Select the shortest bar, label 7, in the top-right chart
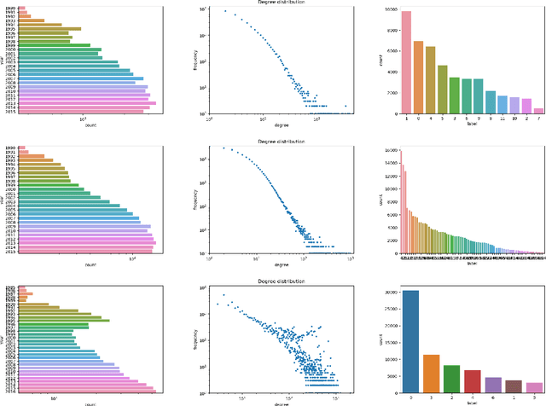click(538, 110)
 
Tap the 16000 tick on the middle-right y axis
click(392, 149)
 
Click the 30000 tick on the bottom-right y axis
click(391, 292)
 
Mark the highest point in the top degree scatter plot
click(225, 11)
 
